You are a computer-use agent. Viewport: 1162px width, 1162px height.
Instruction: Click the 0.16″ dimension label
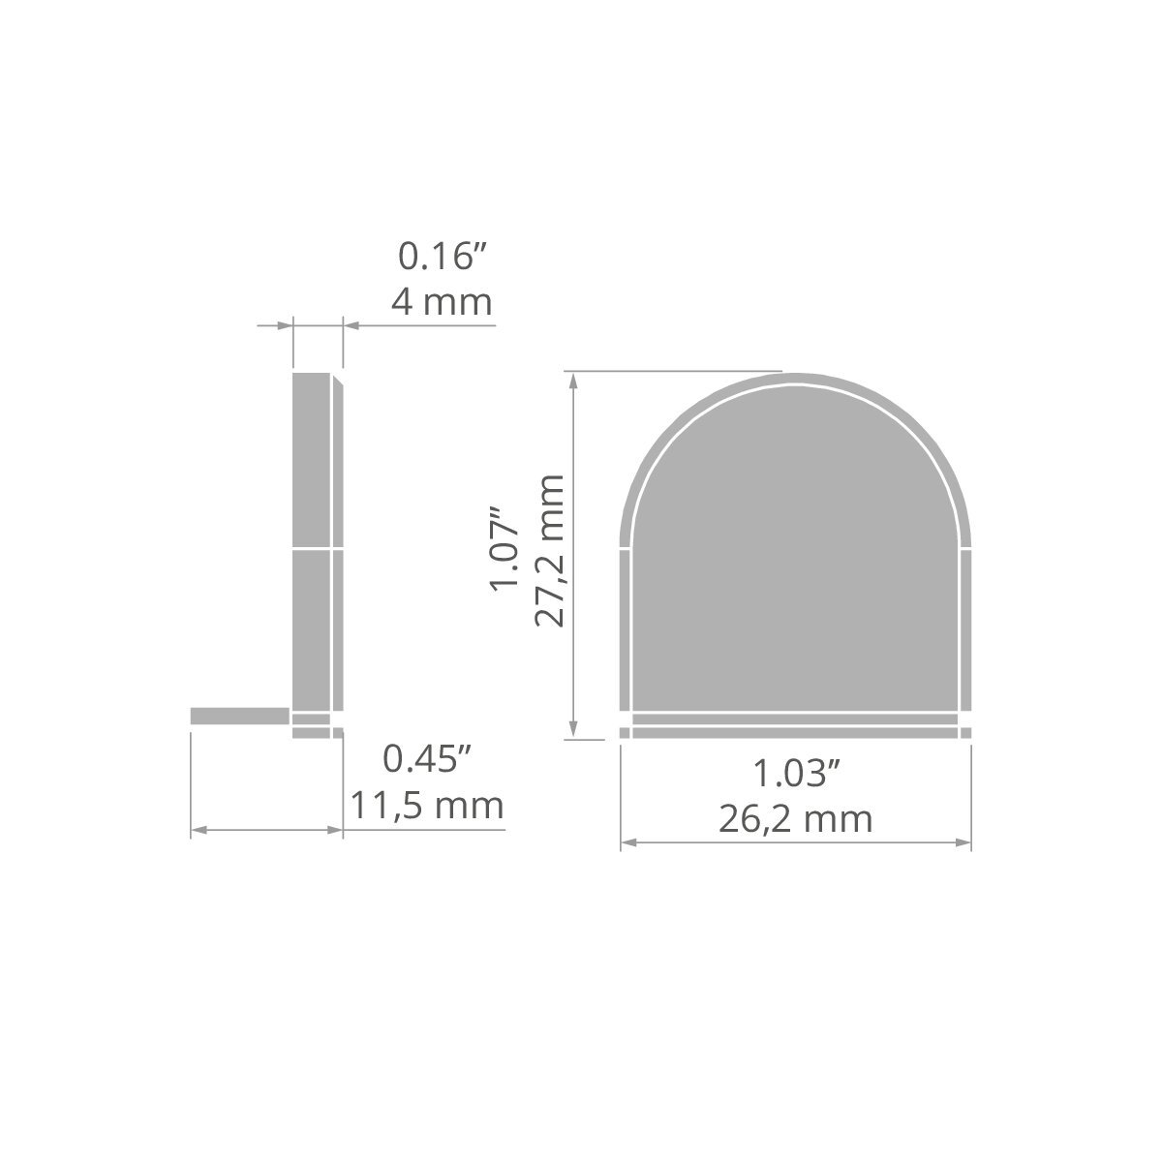point(442,256)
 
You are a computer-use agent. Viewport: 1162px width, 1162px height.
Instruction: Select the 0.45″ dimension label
point(427,759)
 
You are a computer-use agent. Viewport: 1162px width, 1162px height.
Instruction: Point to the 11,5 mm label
point(427,806)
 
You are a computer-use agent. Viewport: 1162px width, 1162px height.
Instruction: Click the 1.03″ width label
point(797,774)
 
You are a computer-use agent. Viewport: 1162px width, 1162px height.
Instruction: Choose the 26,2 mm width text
point(796,819)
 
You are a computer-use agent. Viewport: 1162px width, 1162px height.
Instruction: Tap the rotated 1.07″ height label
point(505,550)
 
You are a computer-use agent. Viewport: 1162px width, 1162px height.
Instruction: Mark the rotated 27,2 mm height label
point(549,551)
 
